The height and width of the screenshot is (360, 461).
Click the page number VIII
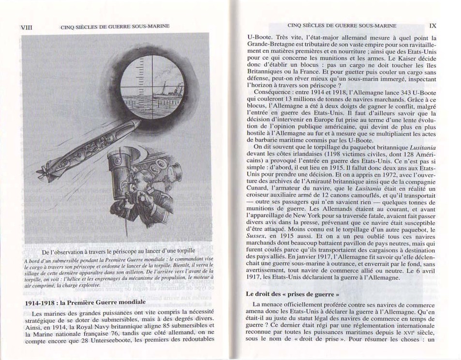pos(25,28)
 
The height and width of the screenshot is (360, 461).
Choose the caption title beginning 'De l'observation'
pos(119,252)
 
